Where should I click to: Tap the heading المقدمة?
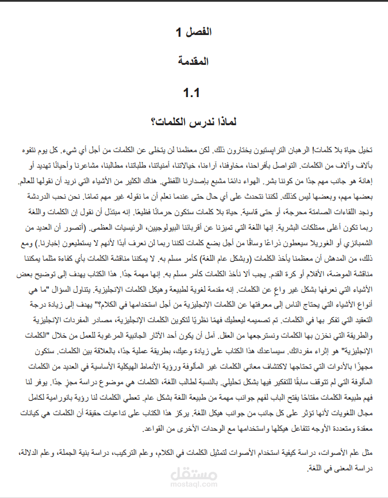194,61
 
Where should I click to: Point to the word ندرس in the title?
195,122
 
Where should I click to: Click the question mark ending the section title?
152,122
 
